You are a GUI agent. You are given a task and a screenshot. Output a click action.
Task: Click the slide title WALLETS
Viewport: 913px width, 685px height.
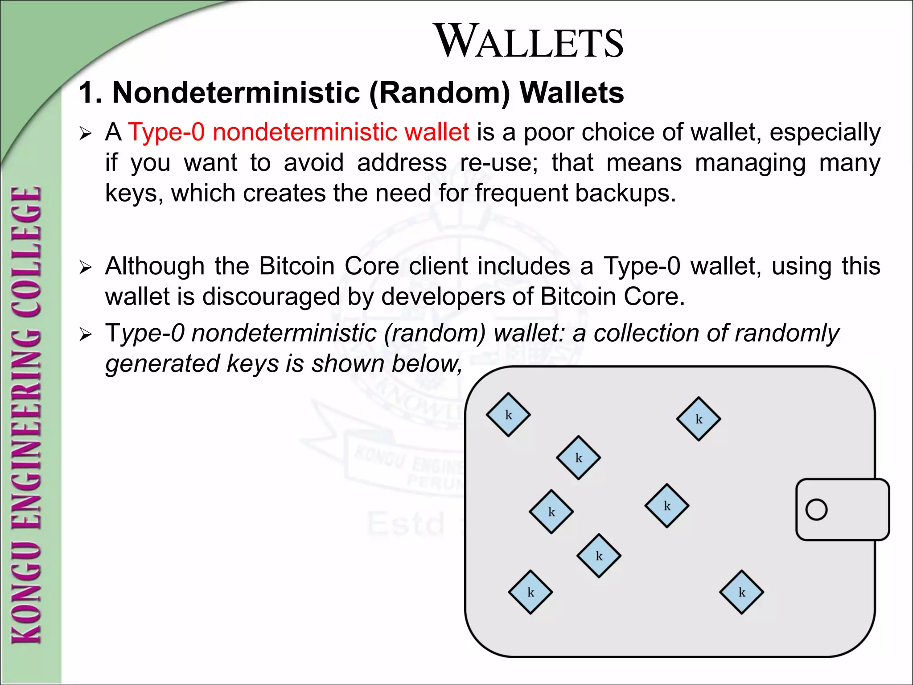[530, 41]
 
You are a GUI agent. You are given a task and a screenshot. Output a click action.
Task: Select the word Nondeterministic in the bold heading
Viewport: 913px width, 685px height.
[236, 93]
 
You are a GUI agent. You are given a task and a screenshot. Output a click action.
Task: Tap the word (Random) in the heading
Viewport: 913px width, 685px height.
[440, 93]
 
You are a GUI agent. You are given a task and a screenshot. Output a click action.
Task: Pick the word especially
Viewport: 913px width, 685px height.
[825, 133]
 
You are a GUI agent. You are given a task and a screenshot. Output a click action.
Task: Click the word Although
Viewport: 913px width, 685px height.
[155, 267]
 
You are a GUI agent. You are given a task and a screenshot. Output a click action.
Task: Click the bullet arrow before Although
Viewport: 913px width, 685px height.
[85, 268]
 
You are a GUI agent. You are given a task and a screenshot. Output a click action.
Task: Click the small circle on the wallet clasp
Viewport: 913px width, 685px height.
[816, 509]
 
